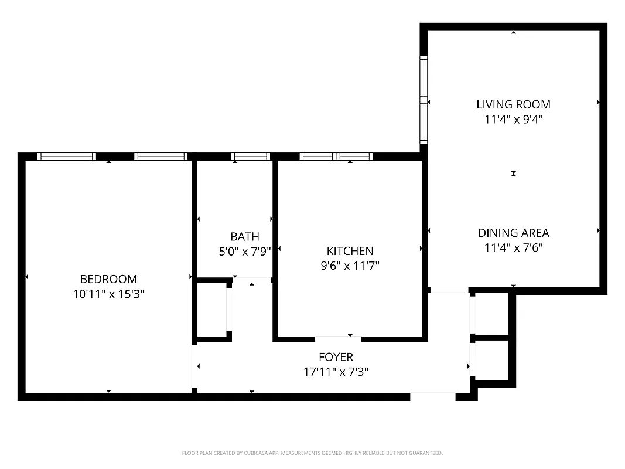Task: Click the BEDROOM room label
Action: (108, 279)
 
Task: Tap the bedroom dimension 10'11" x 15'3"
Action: (108, 293)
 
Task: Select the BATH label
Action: (244, 237)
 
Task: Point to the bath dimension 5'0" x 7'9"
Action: (244, 251)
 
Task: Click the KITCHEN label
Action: (350, 251)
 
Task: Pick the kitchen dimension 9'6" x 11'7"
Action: (350, 265)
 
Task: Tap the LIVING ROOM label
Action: (513, 104)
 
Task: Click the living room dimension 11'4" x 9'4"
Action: (513, 119)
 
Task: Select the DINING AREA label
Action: (513, 233)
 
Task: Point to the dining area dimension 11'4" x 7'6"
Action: (513, 247)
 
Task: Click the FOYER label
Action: (336, 357)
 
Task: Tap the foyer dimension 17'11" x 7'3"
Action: (336, 371)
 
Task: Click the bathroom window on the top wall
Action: (250, 157)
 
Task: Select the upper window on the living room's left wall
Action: (424, 77)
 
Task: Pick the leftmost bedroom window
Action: (66, 157)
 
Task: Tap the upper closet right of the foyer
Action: (491, 314)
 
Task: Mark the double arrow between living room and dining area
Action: (514, 174)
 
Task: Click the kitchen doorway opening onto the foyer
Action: (338, 339)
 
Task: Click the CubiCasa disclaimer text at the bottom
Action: (312, 453)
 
